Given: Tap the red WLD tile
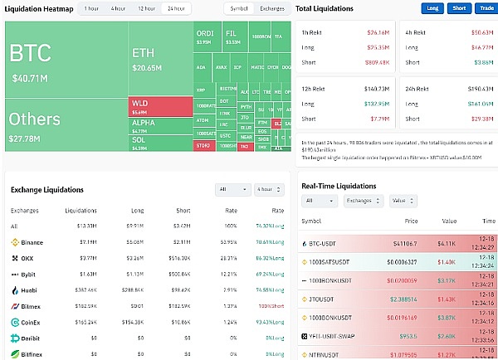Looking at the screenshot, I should [x=160, y=107].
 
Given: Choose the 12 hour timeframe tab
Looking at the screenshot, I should [x=146, y=8].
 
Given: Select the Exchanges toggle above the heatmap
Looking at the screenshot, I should [x=271, y=8].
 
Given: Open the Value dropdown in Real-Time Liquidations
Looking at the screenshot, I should [x=403, y=201].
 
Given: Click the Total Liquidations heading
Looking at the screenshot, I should [x=325, y=8].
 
